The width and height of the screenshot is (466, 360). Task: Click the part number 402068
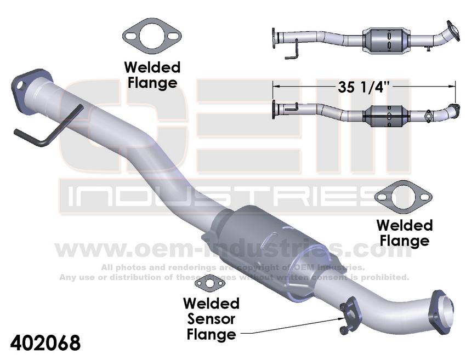point(41,343)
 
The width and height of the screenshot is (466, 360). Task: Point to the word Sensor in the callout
point(211,318)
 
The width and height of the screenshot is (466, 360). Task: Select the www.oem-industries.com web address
point(233,250)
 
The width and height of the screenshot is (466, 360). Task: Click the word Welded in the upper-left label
point(152,68)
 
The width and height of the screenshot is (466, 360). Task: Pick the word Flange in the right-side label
point(404,241)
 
